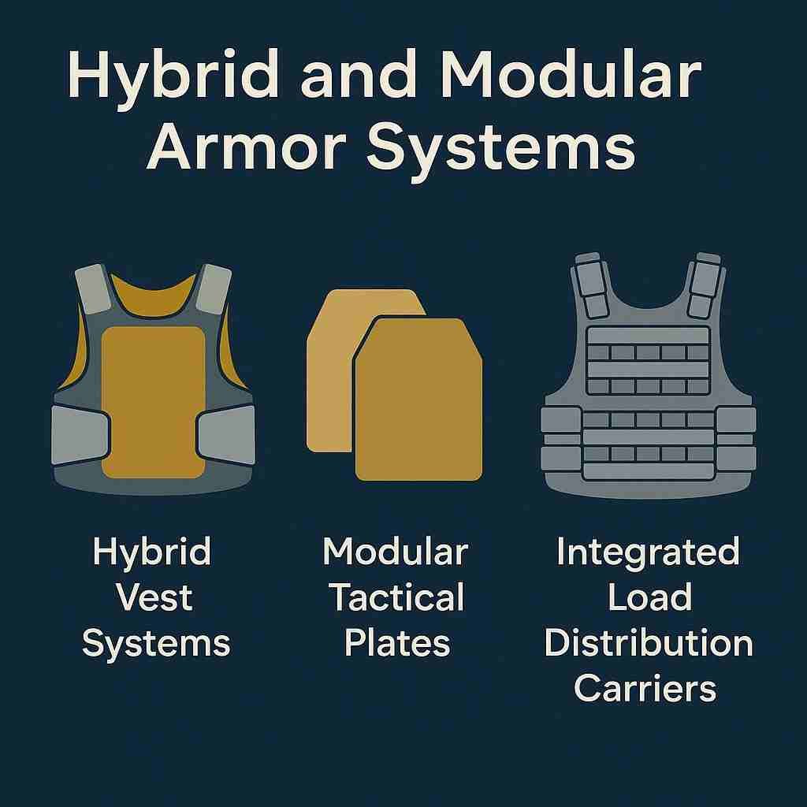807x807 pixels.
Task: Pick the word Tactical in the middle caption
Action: click(x=396, y=597)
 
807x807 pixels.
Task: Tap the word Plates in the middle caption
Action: click(x=397, y=642)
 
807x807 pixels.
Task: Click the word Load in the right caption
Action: click(x=649, y=597)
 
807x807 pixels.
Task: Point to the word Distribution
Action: click(x=649, y=642)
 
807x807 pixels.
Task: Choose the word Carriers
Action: click(x=645, y=688)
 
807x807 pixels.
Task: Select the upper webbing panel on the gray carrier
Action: click(x=648, y=360)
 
